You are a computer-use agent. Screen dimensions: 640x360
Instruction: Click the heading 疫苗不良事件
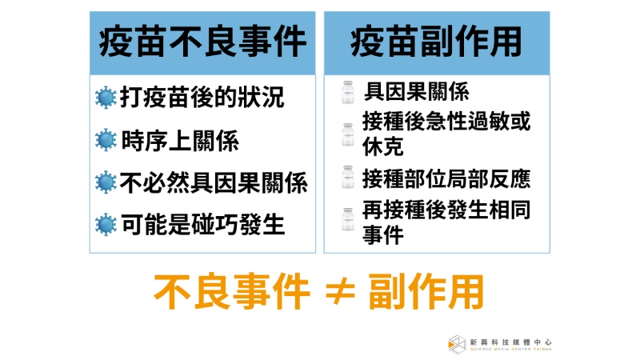[x=202, y=42]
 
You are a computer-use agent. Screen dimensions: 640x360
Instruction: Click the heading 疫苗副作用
[x=436, y=42]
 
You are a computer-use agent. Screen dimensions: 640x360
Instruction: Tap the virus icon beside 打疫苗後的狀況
[x=106, y=97]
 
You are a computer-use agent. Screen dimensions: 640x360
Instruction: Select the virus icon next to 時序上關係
[x=106, y=139]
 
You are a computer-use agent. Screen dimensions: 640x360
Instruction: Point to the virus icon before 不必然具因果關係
[x=106, y=182]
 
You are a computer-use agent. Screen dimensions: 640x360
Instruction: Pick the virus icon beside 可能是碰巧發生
[x=106, y=225]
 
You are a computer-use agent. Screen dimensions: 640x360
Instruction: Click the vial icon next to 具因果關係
[x=348, y=92]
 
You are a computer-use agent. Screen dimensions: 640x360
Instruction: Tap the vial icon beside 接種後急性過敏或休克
[x=348, y=134]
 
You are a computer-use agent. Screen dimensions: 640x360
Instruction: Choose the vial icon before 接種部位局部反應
[x=348, y=177]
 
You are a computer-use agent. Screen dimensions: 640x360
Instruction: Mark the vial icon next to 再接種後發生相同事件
[x=348, y=219]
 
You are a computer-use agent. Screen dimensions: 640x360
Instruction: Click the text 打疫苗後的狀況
[x=202, y=97]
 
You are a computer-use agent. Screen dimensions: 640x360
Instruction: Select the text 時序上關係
[x=180, y=141]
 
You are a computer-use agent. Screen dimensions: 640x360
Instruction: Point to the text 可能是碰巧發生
[x=203, y=225]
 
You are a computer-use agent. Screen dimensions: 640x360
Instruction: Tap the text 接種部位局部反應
[x=446, y=178]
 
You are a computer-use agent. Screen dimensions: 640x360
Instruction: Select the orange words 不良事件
[x=231, y=292]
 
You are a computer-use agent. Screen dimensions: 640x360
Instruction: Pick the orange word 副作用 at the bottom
[x=426, y=292]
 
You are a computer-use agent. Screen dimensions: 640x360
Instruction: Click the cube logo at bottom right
[x=457, y=345]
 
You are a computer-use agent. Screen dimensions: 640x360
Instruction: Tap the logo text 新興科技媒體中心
[x=510, y=342]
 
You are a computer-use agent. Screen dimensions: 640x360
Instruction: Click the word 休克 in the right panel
[x=383, y=146]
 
